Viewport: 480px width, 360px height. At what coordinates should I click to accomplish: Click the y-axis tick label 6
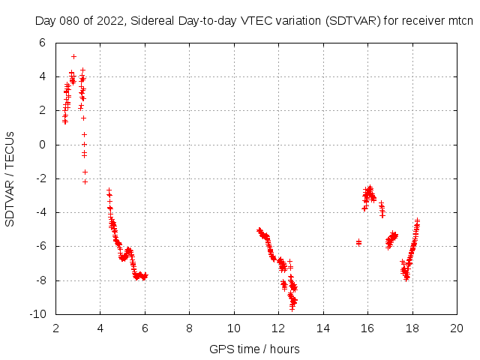pyautogui.click(x=42, y=43)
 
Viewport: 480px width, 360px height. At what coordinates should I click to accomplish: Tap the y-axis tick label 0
pyautogui.click(x=42, y=145)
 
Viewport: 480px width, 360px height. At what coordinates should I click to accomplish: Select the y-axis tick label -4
pyautogui.click(x=40, y=212)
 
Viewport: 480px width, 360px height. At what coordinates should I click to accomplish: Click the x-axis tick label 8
pyautogui.click(x=189, y=328)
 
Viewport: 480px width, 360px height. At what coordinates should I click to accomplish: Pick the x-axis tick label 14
pyautogui.click(x=323, y=328)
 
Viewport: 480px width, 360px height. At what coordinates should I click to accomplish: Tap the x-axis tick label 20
pyautogui.click(x=457, y=328)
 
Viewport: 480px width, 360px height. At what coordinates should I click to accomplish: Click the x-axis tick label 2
pyautogui.click(x=55, y=328)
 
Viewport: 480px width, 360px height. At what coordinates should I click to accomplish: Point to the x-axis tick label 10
pyautogui.click(x=234, y=328)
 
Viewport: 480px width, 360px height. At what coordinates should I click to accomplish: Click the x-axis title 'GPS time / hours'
pyautogui.click(x=256, y=349)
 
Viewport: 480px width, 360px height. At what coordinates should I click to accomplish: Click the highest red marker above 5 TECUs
pyautogui.click(x=73, y=56)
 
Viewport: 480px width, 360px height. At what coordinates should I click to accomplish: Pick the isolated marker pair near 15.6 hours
pyautogui.click(x=358, y=242)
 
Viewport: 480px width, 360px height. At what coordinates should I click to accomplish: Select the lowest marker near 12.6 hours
pyautogui.click(x=292, y=308)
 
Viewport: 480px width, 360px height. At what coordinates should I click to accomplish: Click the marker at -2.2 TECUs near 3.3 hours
pyautogui.click(x=85, y=181)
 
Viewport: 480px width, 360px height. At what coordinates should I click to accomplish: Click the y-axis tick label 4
pyautogui.click(x=42, y=76)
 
